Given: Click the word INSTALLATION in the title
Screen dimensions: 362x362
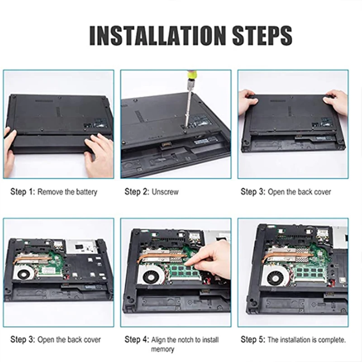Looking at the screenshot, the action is pos(157,35).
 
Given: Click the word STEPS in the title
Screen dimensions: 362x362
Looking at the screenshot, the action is pos(262,35).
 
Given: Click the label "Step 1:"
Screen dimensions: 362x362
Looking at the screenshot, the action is pos(22,191).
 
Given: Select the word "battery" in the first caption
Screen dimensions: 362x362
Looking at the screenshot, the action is pos(86,192).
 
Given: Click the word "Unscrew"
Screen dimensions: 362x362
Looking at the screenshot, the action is pos(165,192).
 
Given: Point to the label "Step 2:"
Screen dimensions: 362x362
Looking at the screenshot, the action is pos(137,191).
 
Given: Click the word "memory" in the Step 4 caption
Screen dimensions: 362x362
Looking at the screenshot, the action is pos(162,349).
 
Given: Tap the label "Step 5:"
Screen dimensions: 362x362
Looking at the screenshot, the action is pos(253,339).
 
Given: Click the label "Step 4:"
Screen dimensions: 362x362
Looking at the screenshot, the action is pos(137,339).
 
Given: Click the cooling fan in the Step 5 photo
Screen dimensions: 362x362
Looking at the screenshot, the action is pos(276,276).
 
